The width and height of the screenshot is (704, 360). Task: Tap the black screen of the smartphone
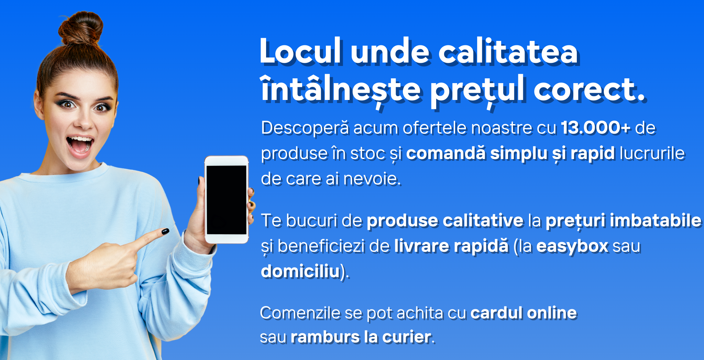tap(227, 200)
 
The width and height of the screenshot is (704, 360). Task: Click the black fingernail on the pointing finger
tap(165, 232)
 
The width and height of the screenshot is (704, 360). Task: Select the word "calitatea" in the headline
tap(508, 52)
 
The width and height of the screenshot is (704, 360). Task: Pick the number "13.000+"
tap(596, 128)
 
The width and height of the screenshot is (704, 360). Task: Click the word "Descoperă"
tap(305, 128)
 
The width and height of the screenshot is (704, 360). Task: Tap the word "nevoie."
tap(372, 179)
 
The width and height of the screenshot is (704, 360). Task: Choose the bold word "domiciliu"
tap(300, 271)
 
